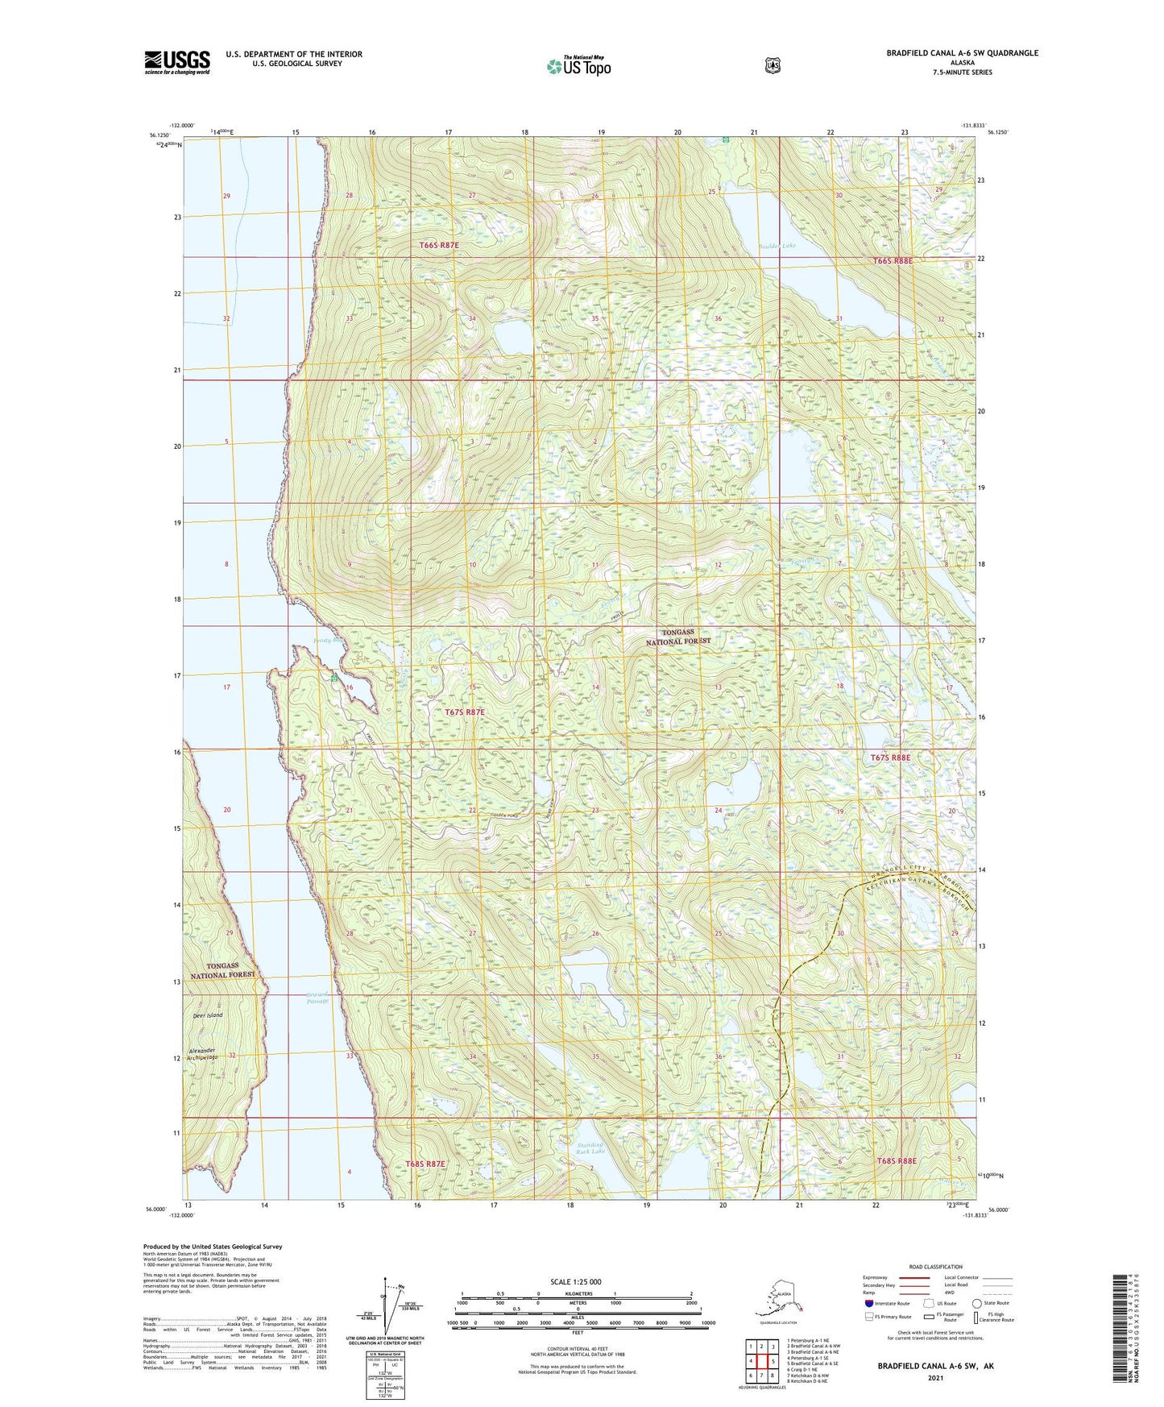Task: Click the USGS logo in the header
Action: click(177, 62)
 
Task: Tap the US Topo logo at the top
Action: click(578, 66)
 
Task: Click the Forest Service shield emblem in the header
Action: click(773, 65)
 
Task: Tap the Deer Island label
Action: click(207, 1015)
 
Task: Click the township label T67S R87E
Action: click(465, 712)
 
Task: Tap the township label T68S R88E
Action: click(897, 1161)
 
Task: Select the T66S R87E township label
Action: click(438, 245)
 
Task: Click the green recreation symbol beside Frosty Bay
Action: click(333, 679)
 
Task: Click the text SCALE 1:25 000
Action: click(575, 1282)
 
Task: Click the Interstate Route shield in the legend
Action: click(869, 1303)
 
